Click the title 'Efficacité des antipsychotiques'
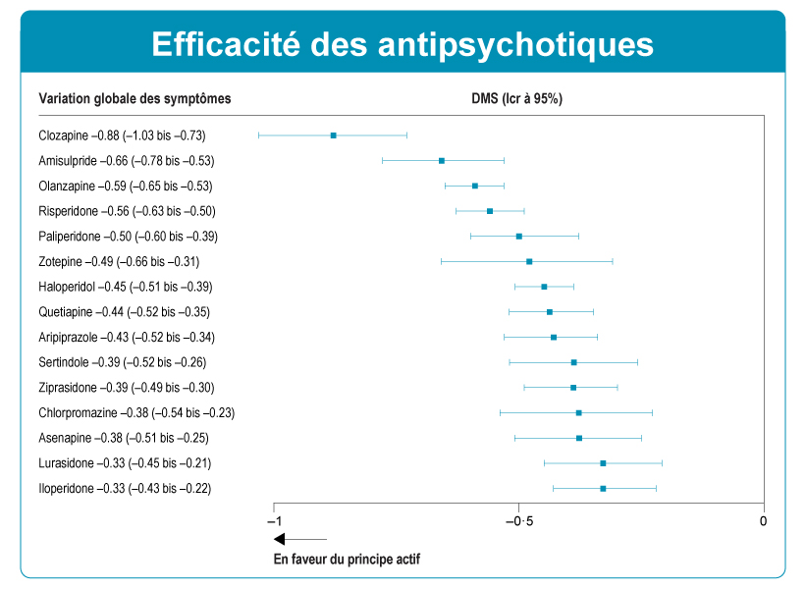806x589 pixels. (x=403, y=44)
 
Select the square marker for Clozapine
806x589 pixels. (x=334, y=135)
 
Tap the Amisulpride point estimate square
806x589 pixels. (x=442, y=160)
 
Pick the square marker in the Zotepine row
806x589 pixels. (x=529, y=262)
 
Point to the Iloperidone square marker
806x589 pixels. (x=603, y=489)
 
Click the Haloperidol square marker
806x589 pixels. (x=544, y=287)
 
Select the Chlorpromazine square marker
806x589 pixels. (x=578, y=413)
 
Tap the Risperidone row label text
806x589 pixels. (x=127, y=211)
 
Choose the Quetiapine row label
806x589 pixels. (x=124, y=312)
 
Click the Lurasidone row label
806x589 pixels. (x=125, y=463)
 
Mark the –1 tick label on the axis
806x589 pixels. (x=274, y=520)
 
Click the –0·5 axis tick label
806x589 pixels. (x=518, y=520)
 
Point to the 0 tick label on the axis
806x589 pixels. (x=763, y=520)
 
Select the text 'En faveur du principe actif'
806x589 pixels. (x=346, y=560)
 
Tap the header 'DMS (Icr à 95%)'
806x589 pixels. (x=517, y=98)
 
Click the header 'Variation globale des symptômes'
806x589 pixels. (x=134, y=98)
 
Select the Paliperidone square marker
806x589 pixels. (x=519, y=237)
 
